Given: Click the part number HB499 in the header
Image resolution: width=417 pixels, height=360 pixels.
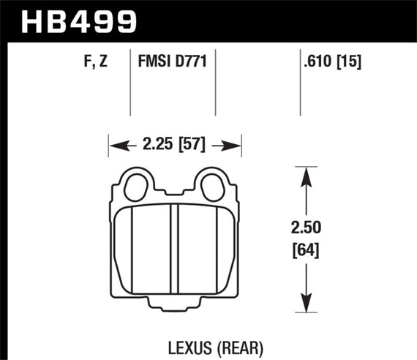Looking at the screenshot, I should [x=80, y=21].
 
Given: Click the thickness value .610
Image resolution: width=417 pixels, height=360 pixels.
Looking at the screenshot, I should [x=317, y=64].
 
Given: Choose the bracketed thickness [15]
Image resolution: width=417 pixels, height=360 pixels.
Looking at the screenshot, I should [x=350, y=64].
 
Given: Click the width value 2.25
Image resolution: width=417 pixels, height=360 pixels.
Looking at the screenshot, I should [x=159, y=146].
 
